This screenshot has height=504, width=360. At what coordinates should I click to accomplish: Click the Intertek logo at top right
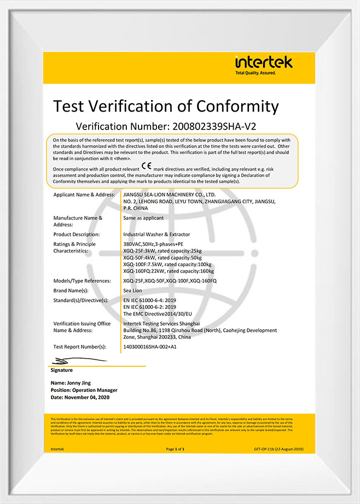pos(264,65)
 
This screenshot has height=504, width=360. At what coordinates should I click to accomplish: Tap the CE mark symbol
pos(147,165)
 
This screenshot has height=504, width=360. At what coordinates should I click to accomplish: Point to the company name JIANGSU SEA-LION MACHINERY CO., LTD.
pos(170,195)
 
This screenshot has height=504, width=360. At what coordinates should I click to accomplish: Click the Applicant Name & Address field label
pos(84,195)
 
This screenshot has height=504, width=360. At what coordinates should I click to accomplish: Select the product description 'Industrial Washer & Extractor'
pos(157,234)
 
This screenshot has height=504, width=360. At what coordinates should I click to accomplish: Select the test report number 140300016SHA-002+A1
pos(150,347)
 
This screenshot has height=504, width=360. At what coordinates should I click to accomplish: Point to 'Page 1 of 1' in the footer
pos(175,449)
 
